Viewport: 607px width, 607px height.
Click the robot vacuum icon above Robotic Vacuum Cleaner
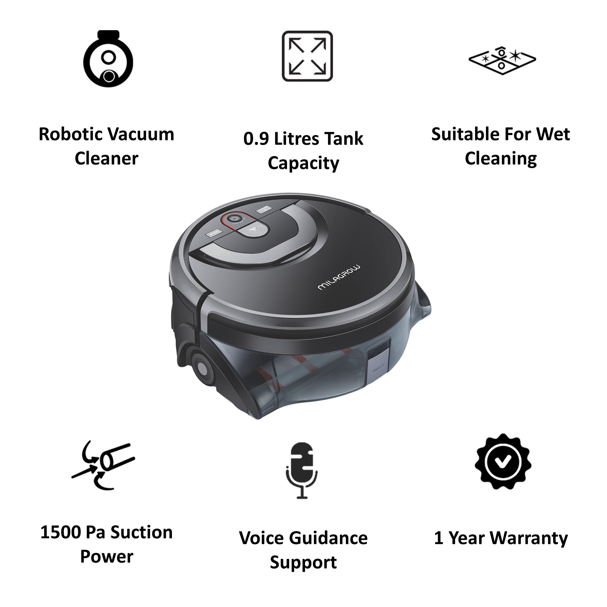pos(108,59)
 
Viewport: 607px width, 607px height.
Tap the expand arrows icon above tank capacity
pos(307,56)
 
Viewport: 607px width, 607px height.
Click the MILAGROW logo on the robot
pos(339,277)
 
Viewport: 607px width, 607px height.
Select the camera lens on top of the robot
pos(233,218)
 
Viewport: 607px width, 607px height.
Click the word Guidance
pos(328,538)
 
